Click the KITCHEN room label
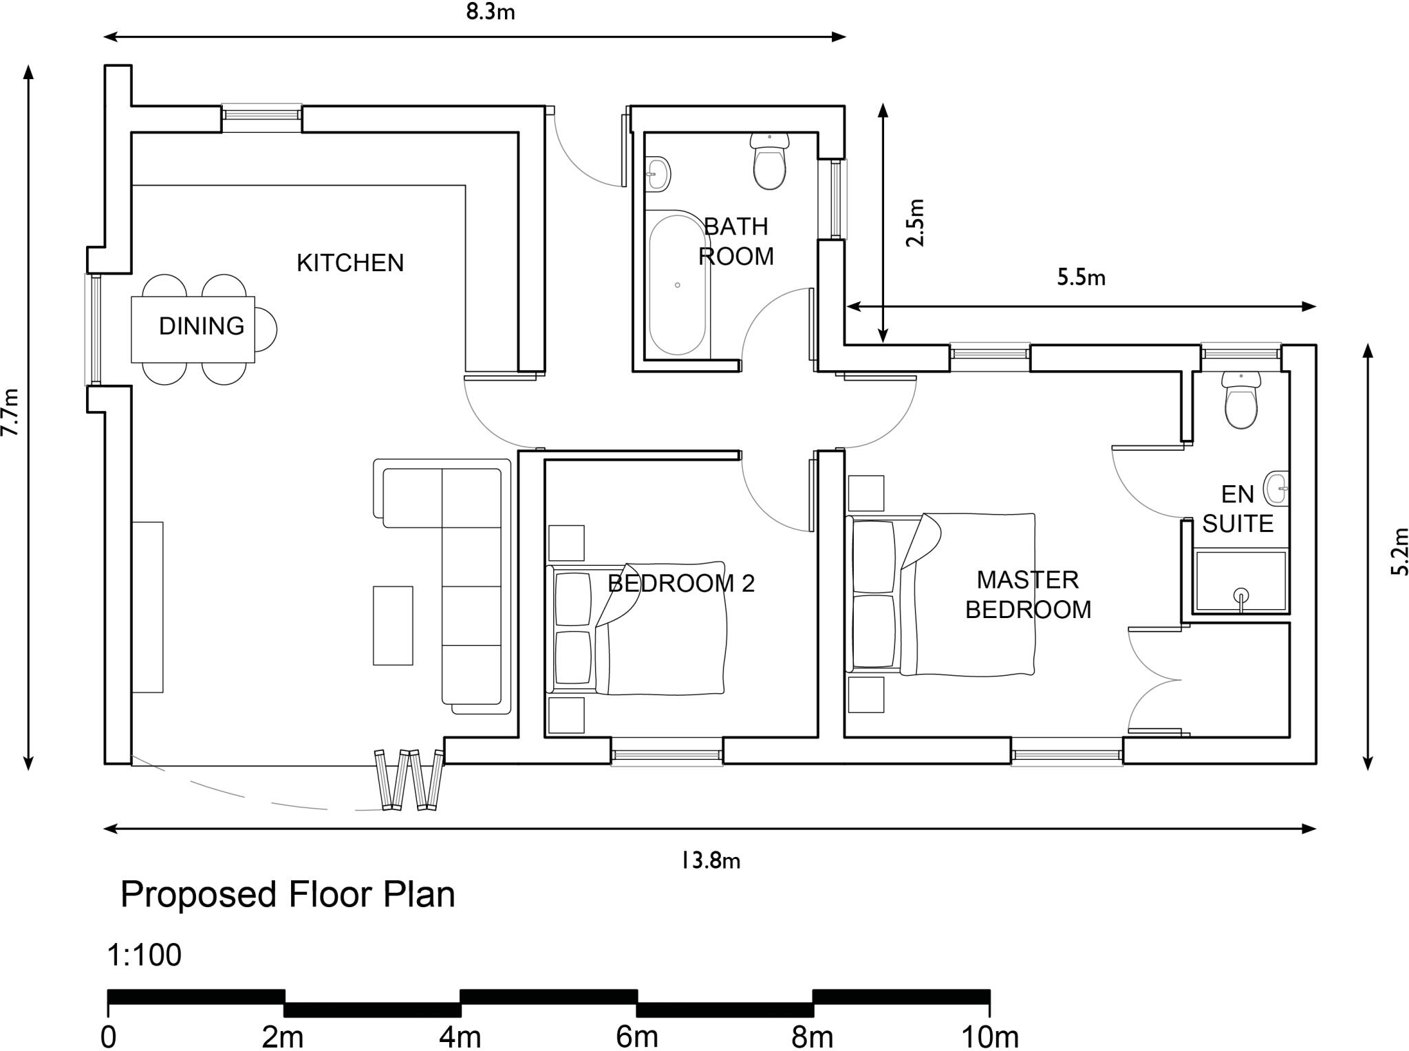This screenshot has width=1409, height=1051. pos(349,263)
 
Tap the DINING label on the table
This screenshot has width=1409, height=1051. pos(201,326)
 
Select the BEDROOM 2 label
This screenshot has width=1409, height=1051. pos(681,584)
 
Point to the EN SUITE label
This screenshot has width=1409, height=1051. pos(1237,509)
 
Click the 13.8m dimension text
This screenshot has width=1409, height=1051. pos(710,861)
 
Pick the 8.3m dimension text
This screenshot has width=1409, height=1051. pos(490,12)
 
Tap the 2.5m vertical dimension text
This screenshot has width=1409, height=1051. pos(915,222)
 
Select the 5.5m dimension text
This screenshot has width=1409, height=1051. pos(1081,277)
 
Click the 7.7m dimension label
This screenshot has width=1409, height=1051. pos(10,413)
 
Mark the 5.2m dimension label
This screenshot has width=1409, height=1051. pos(1399,551)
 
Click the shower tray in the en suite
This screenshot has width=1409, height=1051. pos(1240,582)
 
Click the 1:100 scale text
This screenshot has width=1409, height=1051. pos(144,955)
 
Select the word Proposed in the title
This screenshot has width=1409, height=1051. pos(200,895)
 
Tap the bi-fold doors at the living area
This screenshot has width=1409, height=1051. pos(409,779)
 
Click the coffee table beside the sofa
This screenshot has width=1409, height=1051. pos(393,626)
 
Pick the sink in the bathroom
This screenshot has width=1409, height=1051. pos(658,172)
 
